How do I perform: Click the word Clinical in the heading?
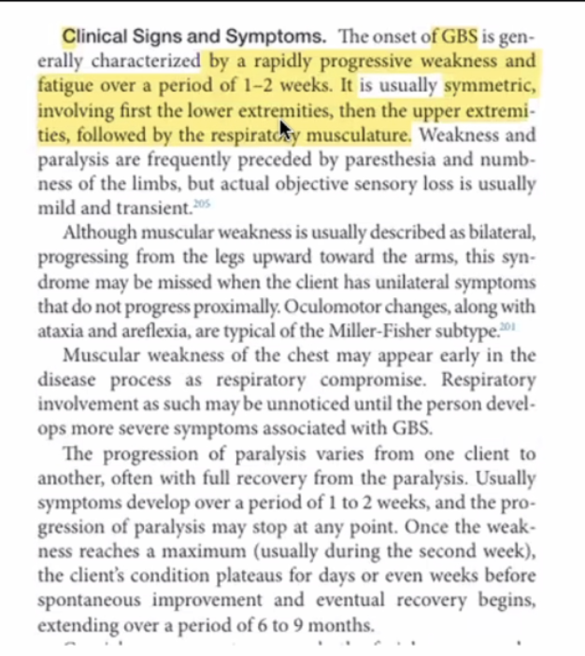click(x=93, y=37)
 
